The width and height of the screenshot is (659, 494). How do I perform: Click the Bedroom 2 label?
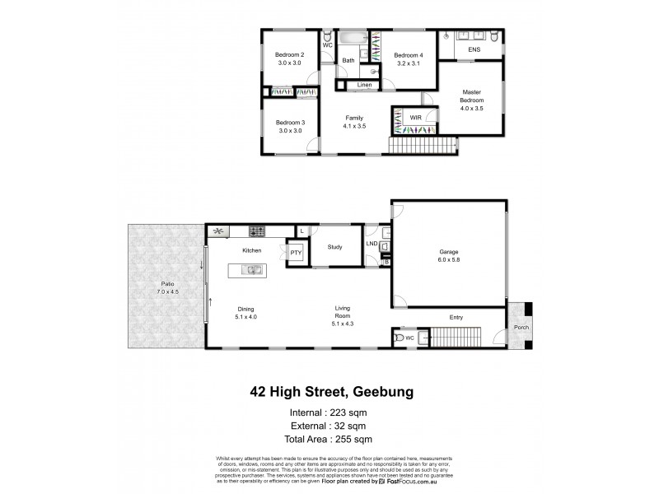click(289, 55)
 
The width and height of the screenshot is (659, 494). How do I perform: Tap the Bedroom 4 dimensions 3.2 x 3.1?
click(408, 63)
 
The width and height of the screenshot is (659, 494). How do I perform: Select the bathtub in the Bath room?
click(352, 38)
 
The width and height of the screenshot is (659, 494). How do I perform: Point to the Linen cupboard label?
click(363, 85)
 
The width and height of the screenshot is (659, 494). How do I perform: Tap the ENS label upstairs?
click(474, 50)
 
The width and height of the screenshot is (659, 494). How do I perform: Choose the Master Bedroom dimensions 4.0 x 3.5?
click(472, 108)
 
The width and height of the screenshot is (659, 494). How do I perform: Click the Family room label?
click(353, 119)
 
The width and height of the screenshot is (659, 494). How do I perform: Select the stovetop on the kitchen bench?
click(256, 231)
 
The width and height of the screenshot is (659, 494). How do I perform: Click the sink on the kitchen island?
click(252, 269)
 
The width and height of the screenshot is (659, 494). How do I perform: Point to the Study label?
click(334, 245)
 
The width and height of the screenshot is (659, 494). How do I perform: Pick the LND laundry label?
click(372, 244)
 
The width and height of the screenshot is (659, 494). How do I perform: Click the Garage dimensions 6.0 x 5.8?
click(448, 259)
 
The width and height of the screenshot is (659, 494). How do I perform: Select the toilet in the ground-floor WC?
click(401, 338)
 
